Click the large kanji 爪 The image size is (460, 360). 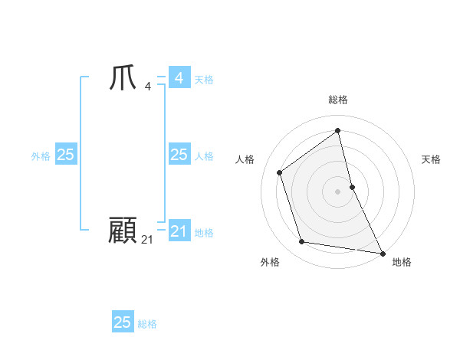coord(123,79)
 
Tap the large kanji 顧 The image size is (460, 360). coord(123,230)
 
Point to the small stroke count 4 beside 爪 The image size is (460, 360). coord(147,86)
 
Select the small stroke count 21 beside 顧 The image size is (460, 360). coord(147,240)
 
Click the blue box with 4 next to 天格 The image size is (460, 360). coord(179,78)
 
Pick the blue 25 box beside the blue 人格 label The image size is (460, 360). coord(179,155)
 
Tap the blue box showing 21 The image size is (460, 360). coord(179,231)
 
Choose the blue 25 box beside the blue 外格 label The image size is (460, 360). coord(65,155)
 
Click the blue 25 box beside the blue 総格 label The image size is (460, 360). coord(123,322)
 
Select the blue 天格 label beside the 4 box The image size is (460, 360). coord(204,80)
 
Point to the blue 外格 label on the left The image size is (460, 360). coord(41,156)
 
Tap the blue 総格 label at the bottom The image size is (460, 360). coord(147,324)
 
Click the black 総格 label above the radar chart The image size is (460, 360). coord(338,100)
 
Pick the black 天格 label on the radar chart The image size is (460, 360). coord(431,159)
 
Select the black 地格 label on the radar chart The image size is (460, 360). coord(402,262)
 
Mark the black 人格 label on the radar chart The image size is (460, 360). coord(245,159)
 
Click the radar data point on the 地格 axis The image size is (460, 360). coord(382,253)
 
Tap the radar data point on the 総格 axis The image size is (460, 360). coord(338,131)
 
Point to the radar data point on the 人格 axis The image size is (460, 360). coord(280,172)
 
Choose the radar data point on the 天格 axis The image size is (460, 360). coord(352,186)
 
